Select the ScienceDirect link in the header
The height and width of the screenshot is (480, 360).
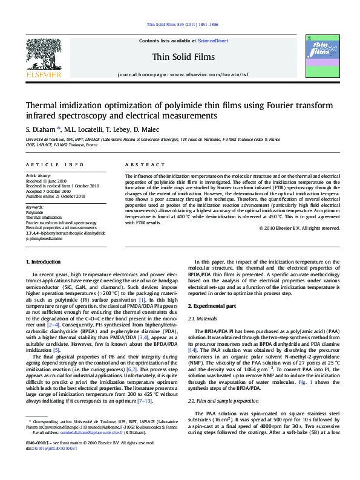click(x=212, y=41)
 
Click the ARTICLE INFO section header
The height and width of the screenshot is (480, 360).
click(x=54, y=164)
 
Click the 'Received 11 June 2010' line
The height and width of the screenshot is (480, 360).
click(x=46, y=180)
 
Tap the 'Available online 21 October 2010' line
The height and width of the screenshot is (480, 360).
click(x=54, y=195)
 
